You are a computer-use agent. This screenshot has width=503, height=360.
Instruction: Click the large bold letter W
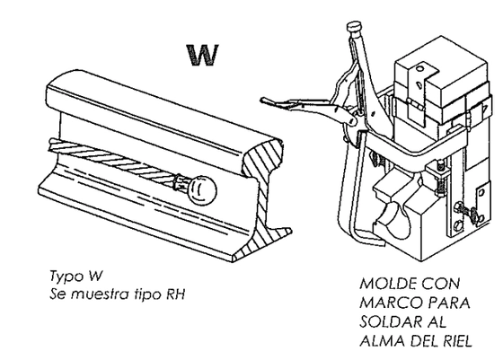[x=202, y=55]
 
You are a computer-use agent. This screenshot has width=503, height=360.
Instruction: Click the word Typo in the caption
[x=64, y=277]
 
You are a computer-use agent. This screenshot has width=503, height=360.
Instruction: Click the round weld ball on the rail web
[x=201, y=190]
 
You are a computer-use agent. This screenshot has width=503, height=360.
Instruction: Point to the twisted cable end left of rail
[x=54, y=145]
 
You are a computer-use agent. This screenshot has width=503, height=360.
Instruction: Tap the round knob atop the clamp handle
[x=354, y=26]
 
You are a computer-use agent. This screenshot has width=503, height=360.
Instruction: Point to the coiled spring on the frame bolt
[x=440, y=185]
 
